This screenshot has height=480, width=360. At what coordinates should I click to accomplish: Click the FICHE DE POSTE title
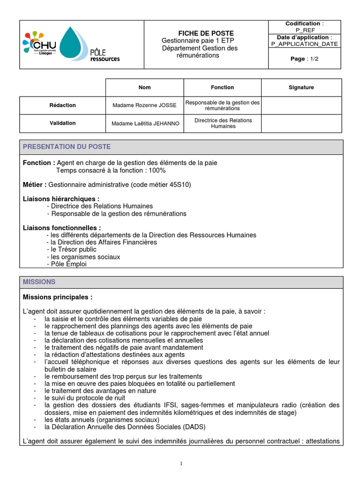point(199,33)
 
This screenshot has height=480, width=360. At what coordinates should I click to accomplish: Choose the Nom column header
point(144,87)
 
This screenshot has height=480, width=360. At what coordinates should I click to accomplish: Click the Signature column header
point(301,87)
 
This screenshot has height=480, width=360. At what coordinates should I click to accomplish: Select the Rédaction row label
point(62,105)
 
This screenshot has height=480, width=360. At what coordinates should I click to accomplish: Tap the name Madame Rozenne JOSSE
point(144,105)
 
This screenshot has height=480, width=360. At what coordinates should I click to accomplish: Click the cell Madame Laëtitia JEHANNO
point(144,123)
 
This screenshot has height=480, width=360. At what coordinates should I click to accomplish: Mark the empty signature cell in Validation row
point(301,123)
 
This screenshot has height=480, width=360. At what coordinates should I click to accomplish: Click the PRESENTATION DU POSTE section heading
point(67,147)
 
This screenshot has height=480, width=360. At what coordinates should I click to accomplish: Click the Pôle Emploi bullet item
point(69,264)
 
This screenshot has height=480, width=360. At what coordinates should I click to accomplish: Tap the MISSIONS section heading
point(39,282)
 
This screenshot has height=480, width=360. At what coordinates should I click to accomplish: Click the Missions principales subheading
point(58,297)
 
